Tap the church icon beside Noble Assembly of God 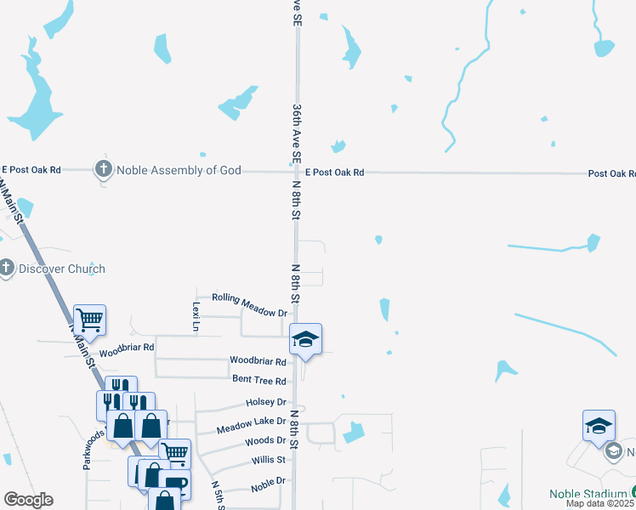point(104,169)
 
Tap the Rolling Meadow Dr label point(249,305)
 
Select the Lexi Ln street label point(196,315)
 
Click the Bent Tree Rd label point(258,381)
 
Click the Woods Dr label point(264,441)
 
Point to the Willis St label point(268,460)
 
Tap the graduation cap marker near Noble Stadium point(599,425)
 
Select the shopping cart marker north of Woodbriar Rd point(89,320)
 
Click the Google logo point(28,500)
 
